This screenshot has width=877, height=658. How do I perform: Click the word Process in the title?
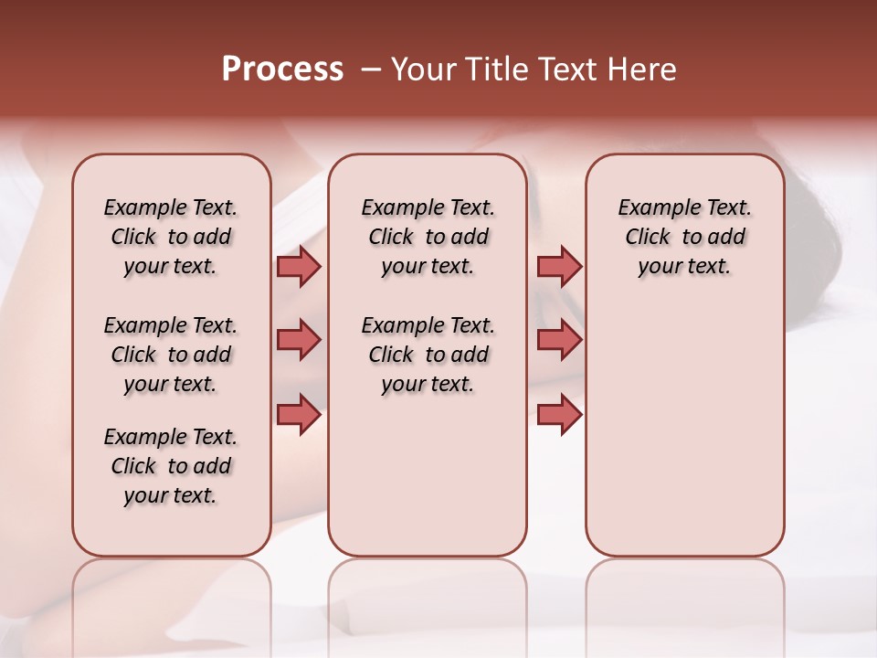click(x=282, y=69)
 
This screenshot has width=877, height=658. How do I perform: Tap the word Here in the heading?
click(x=640, y=69)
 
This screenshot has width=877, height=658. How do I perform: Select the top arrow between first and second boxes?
click(x=299, y=266)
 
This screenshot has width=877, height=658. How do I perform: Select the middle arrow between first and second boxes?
click(x=299, y=340)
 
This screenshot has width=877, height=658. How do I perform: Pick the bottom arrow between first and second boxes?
click(x=299, y=414)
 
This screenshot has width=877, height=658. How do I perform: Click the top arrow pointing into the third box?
click(x=559, y=266)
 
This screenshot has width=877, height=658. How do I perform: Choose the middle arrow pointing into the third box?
click(x=559, y=340)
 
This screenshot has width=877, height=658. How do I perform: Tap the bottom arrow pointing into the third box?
click(x=559, y=414)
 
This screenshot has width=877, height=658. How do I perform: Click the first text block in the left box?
click(x=171, y=237)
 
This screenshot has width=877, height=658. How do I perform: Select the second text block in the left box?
click(x=171, y=355)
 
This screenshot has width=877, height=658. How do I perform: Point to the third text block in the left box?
click(x=171, y=466)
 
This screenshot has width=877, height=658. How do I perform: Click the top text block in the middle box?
click(x=428, y=237)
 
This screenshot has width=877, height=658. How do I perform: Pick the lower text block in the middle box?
click(x=428, y=355)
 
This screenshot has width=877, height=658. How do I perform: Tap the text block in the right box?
click(x=684, y=237)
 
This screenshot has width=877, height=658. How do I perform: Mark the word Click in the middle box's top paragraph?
click(x=391, y=238)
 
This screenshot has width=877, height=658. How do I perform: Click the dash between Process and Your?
click(x=371, y=69)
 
